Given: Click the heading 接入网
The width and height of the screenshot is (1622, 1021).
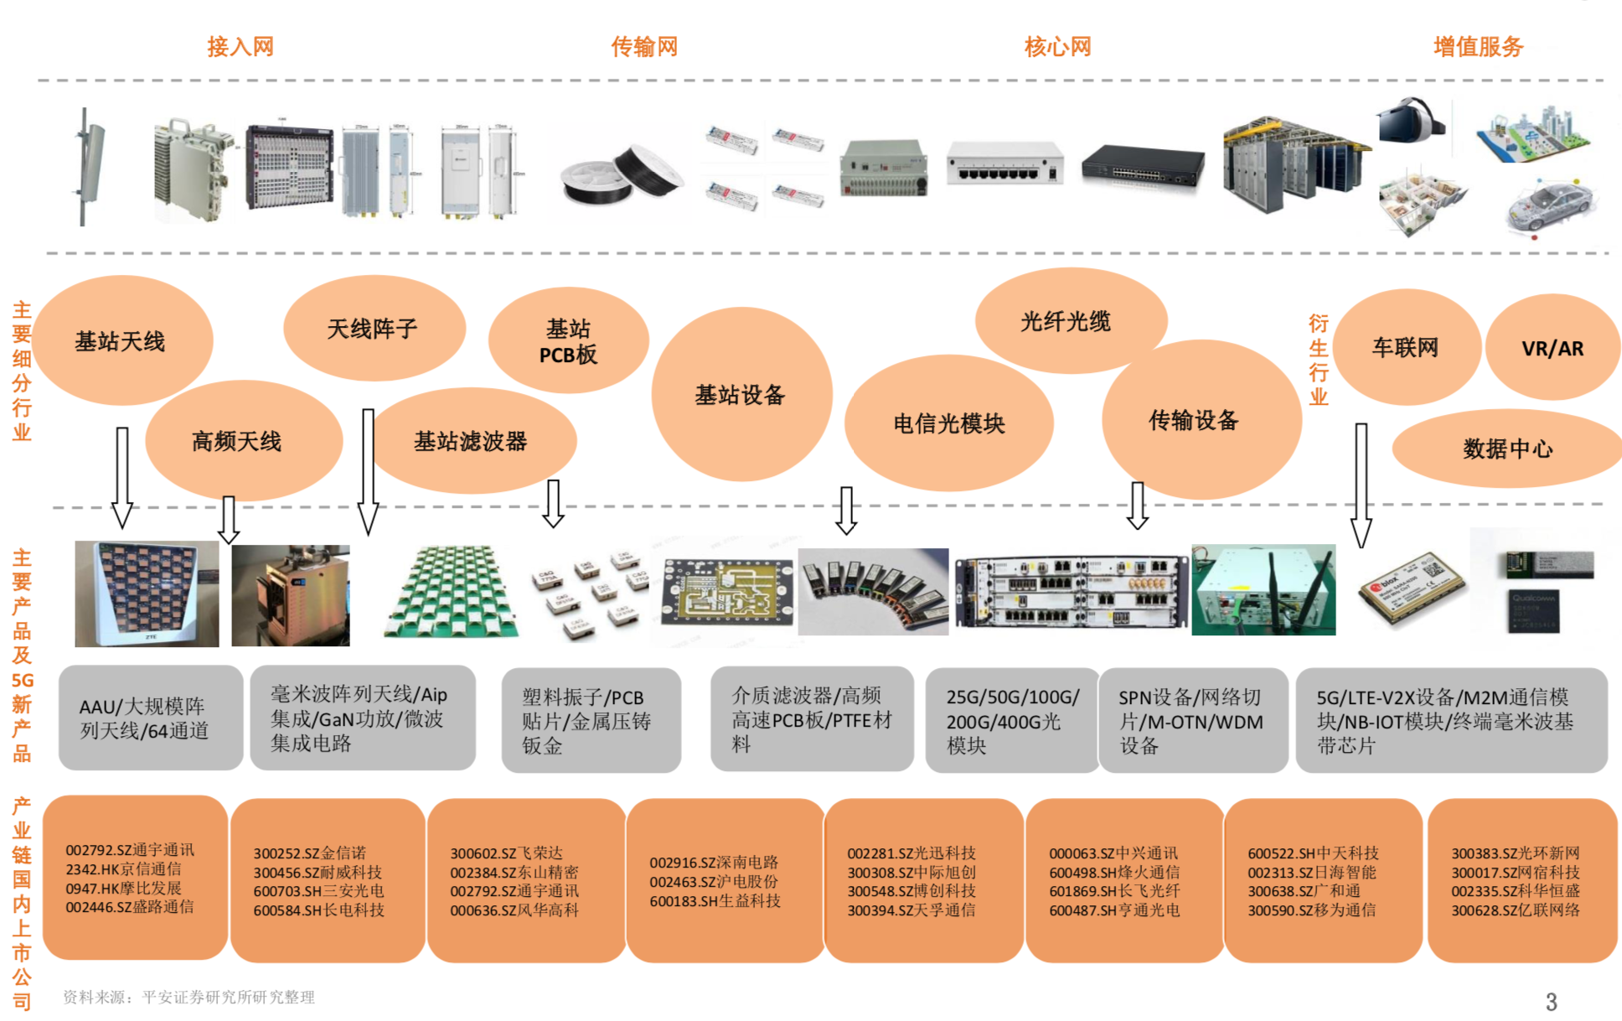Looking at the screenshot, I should [240, 47].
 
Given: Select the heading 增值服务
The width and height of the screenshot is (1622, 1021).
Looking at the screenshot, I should [1478, 47].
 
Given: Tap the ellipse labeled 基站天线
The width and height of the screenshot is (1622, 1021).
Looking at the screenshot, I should [120, 341].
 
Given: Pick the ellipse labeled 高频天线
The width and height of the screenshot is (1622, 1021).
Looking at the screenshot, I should [237, 442].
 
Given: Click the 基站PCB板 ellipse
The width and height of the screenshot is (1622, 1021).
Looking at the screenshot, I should [568, 341].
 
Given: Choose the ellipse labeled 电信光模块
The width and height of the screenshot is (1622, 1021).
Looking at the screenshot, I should [948, 423].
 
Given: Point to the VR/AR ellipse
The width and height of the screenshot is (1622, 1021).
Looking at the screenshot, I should [1552, 349].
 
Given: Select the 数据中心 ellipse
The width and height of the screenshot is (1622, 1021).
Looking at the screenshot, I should [1507, 449].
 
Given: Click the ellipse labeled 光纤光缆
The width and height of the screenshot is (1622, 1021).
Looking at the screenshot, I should [1066, 321].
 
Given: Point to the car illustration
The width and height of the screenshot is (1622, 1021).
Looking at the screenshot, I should [1550, 206].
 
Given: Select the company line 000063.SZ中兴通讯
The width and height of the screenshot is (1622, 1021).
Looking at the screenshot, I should [1113, 853].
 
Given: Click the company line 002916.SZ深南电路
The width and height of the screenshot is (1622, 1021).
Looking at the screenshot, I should [714, 863].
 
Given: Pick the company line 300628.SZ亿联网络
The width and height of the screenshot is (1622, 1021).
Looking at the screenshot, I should [1516, 910].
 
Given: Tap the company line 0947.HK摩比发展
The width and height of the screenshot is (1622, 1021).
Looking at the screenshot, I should [123, 888].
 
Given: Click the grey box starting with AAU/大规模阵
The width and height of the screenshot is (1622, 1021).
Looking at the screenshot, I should [150, 718].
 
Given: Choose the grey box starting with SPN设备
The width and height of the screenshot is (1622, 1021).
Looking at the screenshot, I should [1192, 720].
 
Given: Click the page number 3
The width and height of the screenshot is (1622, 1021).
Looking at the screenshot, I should [1551, 1002].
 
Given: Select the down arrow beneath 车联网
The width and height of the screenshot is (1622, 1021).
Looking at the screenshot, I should [1361, 486].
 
